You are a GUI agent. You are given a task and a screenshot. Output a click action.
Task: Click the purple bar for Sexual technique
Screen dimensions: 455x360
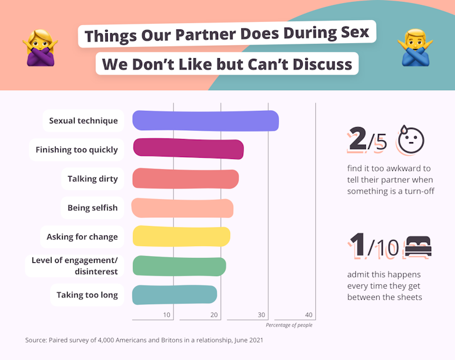point(206,120)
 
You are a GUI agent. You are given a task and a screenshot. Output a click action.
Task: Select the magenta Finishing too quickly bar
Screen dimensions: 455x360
point(188,149)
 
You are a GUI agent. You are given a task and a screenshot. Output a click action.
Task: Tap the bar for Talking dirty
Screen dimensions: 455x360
point(186,178)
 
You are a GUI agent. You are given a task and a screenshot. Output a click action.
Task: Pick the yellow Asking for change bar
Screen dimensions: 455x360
point(181,236)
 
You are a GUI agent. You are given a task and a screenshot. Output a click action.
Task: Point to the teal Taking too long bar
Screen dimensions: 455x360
point(174,295)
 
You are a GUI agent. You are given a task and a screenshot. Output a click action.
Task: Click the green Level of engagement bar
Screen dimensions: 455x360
point(179,266)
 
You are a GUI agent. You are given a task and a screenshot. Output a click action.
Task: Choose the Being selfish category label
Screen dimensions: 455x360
point(93,208)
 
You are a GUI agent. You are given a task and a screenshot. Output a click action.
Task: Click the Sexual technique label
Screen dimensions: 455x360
point(83,121)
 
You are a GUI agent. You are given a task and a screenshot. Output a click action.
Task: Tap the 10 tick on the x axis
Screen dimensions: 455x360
point(167,315)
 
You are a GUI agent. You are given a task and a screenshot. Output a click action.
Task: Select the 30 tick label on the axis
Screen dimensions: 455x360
point(261,315)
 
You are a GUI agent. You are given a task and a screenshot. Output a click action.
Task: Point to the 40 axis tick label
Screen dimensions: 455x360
point(309,315)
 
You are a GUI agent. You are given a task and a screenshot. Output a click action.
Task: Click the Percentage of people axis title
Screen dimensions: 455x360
point(289,325)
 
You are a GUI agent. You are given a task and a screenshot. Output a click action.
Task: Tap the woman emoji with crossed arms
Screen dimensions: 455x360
point(40,48)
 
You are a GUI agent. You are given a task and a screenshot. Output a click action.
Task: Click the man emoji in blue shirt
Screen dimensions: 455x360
point(416,48)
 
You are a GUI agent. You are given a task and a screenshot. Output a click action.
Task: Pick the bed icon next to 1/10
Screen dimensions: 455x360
point(418,246)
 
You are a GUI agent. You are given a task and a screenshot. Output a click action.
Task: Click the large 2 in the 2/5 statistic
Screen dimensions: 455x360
point(358,138)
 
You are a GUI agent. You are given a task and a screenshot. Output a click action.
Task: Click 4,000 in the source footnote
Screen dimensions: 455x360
point(106,340)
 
